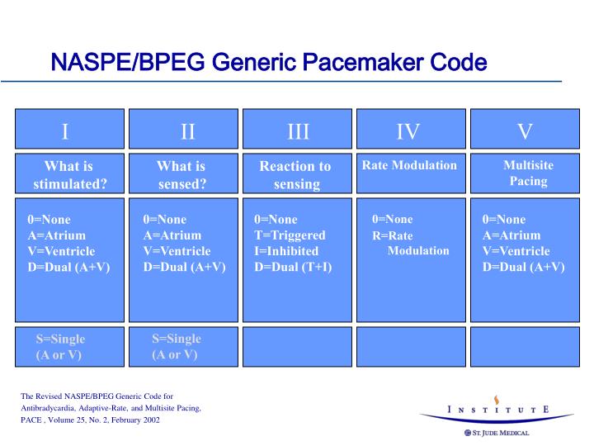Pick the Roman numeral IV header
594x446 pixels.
[409, 130]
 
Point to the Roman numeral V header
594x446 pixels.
[524, 130]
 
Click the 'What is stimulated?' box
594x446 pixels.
[69, 174]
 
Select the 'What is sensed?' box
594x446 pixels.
[182, 174]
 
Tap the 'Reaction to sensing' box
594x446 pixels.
[296, 174]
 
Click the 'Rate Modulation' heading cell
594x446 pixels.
[409, 166]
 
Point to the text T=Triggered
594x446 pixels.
[290, 235]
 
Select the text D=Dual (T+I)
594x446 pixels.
[293, 267]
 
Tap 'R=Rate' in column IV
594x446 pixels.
[392, 236]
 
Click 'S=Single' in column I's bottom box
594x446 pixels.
[60, 339]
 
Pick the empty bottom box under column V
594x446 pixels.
[524, 346]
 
